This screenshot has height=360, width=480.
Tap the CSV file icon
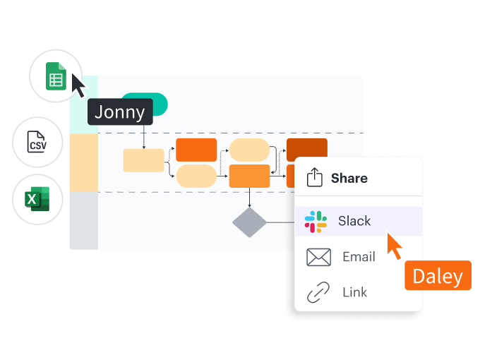[x=37, y=142]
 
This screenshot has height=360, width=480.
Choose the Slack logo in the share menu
[x=316, y=222]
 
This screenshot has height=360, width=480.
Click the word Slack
[x=354, y=222]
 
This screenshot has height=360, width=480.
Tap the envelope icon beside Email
[x=319, y=257]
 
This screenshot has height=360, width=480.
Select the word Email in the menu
[x=359, y=257]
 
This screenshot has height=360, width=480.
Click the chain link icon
[x=318, y=292]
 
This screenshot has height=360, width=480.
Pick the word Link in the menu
[x=354, y=292]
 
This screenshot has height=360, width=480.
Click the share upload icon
[x=315, y=178]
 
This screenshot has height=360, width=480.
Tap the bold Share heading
[x=349, y=178]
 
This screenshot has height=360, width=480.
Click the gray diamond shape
[x=250, y=222]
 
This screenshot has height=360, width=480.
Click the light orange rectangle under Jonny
[x=143, y=160]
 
